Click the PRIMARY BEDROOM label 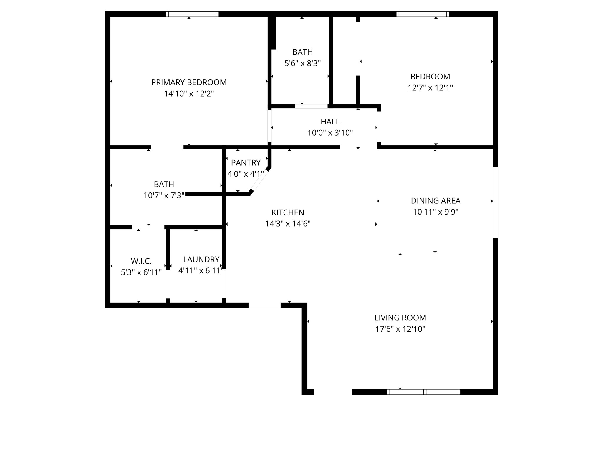tap(189, 82)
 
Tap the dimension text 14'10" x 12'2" tap(189, 94)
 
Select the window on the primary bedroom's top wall tap(192, 14)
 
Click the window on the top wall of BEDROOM tap(423, 14)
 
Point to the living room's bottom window tap(423, 392)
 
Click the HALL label tap(330, 122)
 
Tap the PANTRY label tap(246, 163)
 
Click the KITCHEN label tap(288, 212)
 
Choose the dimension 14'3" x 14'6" tap(288, 224)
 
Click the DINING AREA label tap(435, 201)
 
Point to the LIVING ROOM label tap(400, 318)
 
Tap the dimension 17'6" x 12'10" tap(400, 329)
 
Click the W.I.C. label tap(141, 261)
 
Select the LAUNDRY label tap(201, 260)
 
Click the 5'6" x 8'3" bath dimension tap(302, 63)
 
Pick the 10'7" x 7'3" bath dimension tap(164, 195)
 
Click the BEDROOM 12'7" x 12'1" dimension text tap(430, 88)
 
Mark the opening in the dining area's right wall tap(496, 202)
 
